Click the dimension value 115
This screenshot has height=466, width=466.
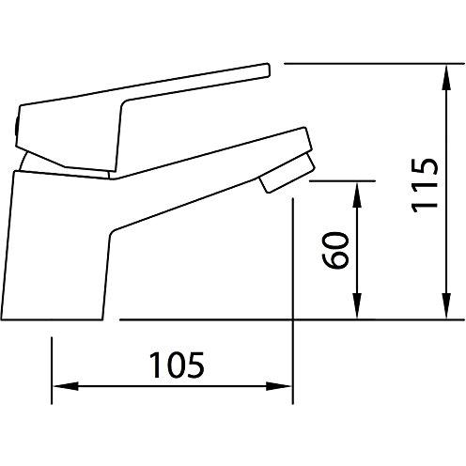424,185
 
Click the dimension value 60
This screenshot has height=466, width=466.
335,250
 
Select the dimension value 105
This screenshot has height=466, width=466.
177,365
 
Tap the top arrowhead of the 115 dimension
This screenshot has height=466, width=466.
446,78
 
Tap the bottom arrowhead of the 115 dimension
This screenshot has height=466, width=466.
446,306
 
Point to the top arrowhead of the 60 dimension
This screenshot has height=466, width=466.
357,194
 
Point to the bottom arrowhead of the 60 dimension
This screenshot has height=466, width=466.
357,306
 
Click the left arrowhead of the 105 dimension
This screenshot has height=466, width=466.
66,386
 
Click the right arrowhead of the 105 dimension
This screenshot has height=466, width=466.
279,386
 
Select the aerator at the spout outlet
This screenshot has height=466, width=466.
287,173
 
